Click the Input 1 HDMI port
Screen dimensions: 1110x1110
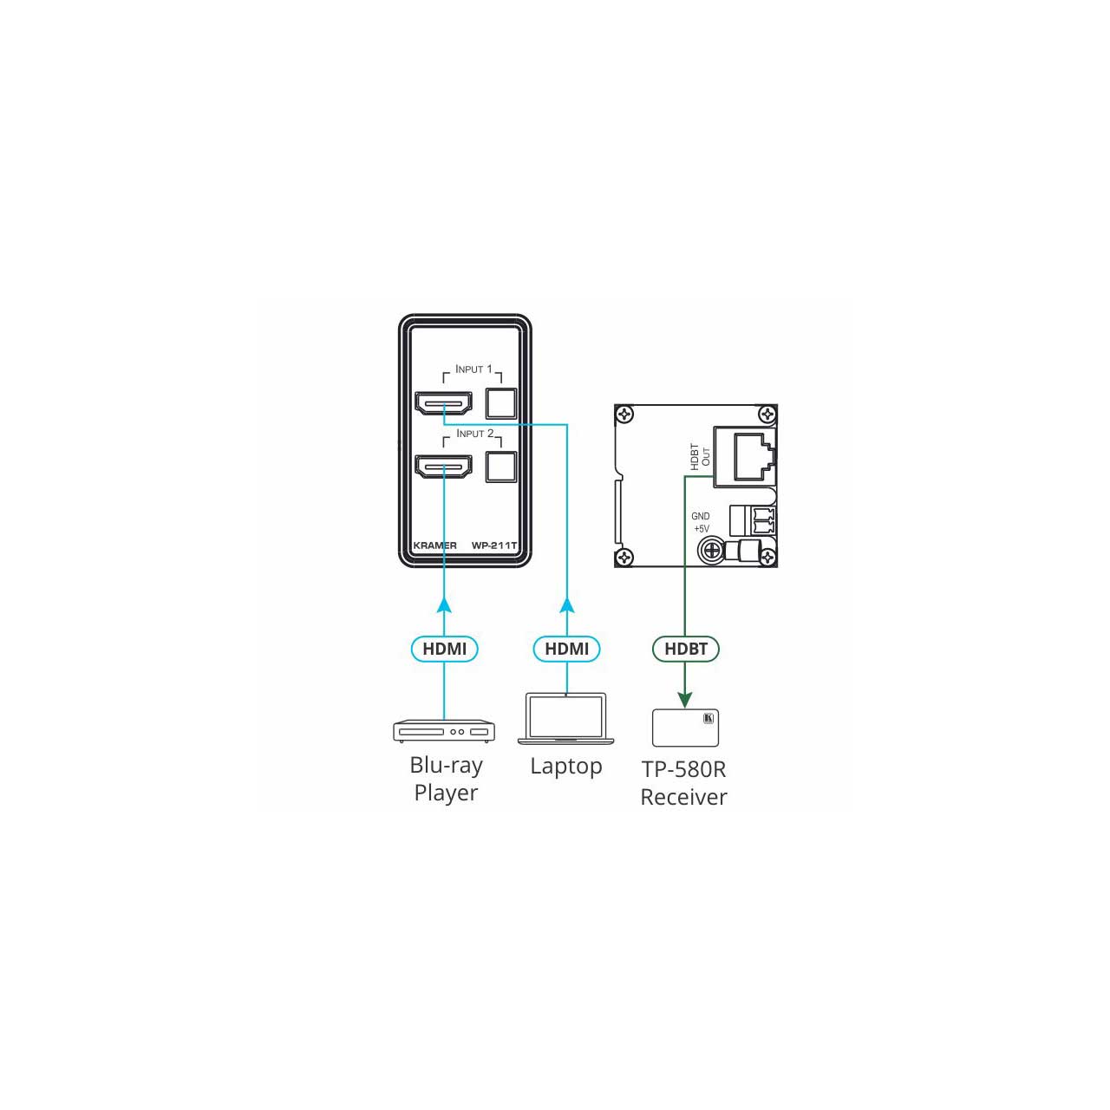point(443,402)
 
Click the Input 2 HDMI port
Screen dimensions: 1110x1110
point(443,467)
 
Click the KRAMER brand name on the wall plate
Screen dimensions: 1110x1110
point(435,545)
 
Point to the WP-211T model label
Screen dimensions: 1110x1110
point(494,545)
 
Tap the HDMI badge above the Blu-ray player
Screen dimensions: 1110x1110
point(444,649)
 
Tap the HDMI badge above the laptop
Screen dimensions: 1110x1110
point(567,649)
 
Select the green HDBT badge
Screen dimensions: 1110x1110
point(685,649)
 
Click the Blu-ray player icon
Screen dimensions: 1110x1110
point(443,731)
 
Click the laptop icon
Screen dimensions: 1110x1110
point(565,718)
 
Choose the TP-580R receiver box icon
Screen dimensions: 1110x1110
point(685,728)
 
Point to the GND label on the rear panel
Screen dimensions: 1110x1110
point(701,516)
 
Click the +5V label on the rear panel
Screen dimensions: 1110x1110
point(702,529)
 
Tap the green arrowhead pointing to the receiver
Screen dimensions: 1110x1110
point(685,700)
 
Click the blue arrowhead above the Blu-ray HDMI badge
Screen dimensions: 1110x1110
point(443,604)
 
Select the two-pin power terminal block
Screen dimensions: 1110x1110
point(753,520)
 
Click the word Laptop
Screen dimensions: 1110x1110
point(566,767)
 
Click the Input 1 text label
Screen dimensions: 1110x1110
point(473,369)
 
